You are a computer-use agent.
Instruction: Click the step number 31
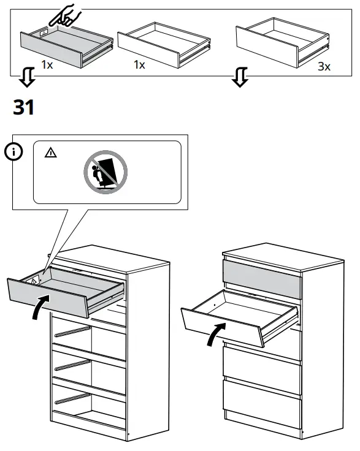coord(24,108)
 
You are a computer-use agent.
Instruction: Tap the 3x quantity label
coord(324,66)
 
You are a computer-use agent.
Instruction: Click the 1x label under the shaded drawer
coord(47,64)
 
